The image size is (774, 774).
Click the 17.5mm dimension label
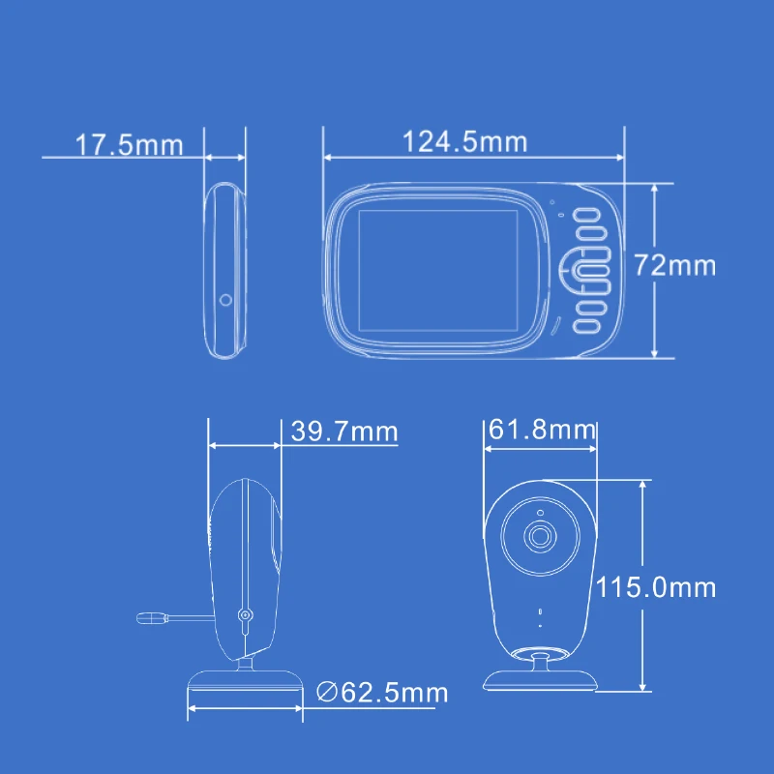click(x=130, y=144)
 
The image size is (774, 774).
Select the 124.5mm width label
click(x=465, y=141)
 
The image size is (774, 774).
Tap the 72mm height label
click(x=674, y=265)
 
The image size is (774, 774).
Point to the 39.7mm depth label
click(x=344, y=431)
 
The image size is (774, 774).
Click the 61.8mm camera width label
click(x=542, y=429)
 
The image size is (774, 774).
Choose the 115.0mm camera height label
click(x=656, y=587)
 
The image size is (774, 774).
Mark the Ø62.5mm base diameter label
click(x=382, y=692)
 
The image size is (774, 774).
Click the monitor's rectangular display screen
click(x=438, y=271)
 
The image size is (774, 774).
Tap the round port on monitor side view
click(x=225, y=300)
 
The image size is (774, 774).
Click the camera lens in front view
click(x=540, y=536)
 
